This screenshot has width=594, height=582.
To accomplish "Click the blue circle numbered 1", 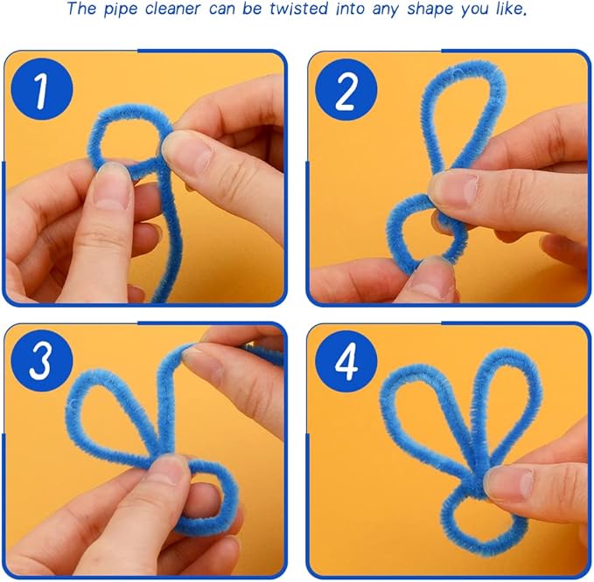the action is [42, 89].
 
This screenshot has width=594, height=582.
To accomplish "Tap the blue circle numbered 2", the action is [346, 90].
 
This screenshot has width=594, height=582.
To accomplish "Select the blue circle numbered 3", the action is [42, 361].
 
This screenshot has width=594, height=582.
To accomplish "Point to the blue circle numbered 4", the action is [346, 362].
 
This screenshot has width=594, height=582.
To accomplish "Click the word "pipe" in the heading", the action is [121, 9].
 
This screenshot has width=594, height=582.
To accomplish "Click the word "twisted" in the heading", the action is [299, 9].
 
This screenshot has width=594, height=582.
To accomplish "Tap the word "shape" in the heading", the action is [430, 9].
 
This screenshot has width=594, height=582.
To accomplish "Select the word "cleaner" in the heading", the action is [172, 9].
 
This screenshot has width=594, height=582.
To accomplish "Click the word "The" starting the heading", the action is [81, 9].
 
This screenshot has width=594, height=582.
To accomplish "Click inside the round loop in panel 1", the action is [127, 140].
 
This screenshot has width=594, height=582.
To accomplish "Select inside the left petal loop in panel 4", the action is [424, 409].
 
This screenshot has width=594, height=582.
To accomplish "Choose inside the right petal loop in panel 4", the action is [504, 398].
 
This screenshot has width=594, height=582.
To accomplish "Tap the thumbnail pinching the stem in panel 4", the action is [507, 482].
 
